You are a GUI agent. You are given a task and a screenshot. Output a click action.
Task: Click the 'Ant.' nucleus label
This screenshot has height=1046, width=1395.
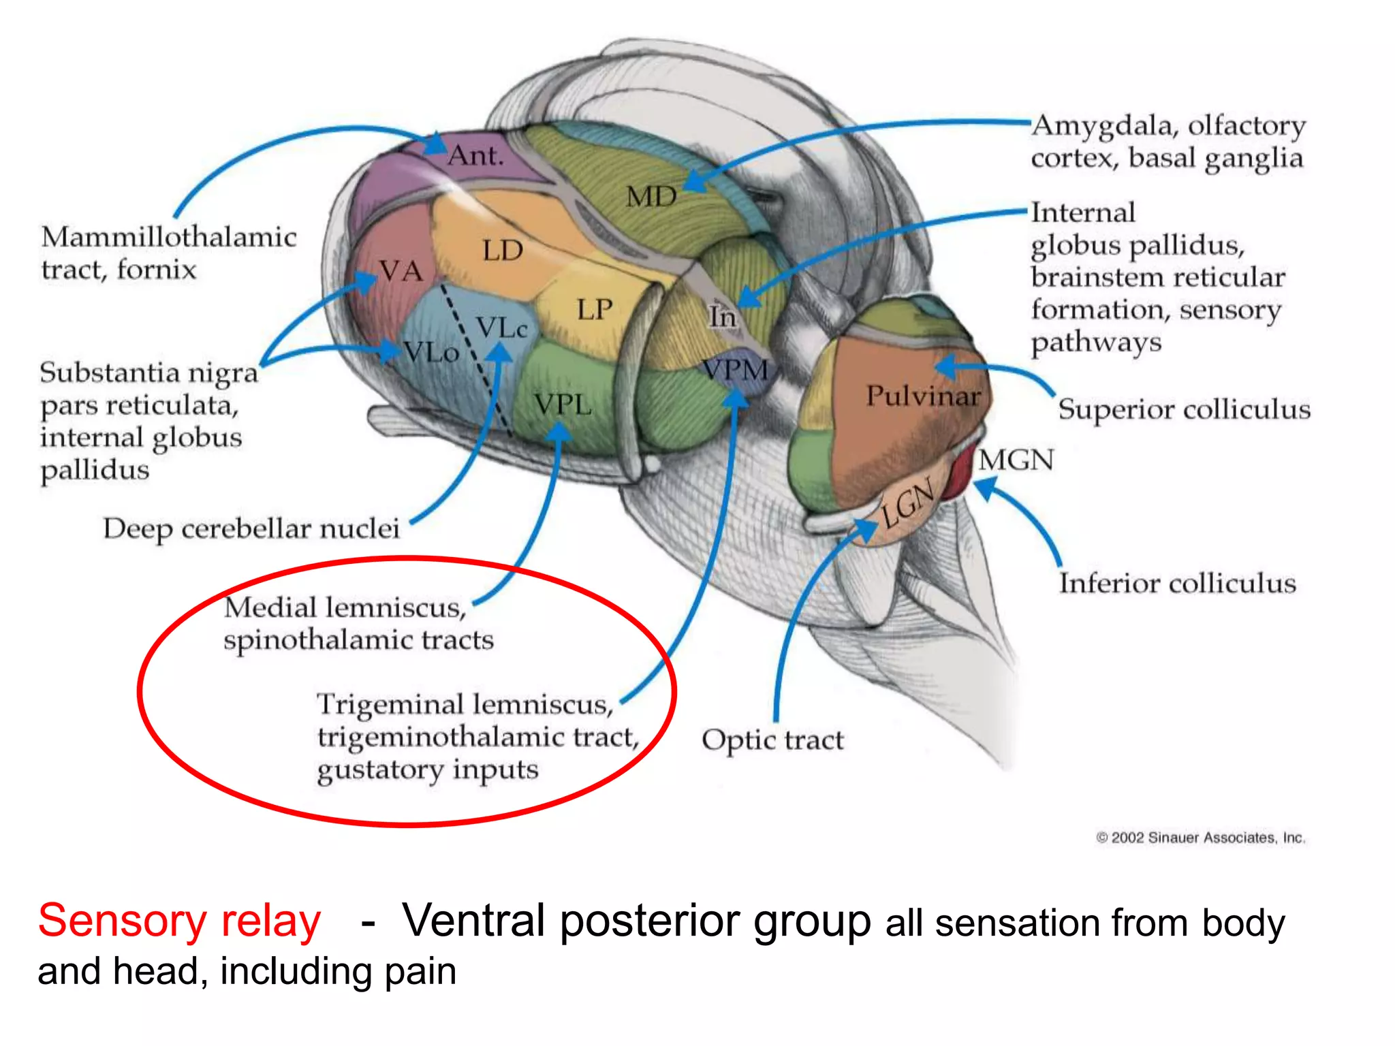(x=475, y=156)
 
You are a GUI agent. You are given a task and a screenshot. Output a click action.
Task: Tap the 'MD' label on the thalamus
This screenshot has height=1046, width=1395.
(x=651, y=197)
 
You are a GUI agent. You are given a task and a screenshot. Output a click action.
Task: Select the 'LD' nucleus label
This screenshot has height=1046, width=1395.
(x=503, y=251)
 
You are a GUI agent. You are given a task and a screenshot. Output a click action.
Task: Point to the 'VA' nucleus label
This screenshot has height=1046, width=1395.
(x=401, y=272)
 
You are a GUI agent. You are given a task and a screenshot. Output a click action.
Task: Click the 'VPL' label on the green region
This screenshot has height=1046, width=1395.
(x=563, y=405)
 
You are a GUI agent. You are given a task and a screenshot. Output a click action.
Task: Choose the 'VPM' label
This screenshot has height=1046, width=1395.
(x=736, y=370)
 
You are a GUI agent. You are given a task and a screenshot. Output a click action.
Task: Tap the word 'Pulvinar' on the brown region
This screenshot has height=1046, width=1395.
(x=923, y=396)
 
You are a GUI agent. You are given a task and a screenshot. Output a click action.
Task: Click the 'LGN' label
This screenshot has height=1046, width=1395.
(x=907, y=506)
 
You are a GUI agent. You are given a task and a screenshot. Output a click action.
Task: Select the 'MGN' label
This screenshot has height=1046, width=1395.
(x=1016, y=460)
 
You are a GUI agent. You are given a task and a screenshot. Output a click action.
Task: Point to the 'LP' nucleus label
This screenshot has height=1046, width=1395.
(x=595, y=310)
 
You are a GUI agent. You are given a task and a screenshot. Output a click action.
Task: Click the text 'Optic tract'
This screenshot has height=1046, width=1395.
(x=772, y=740)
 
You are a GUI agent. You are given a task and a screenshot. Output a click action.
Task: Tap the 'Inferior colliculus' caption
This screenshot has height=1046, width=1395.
(x=1177, y=584)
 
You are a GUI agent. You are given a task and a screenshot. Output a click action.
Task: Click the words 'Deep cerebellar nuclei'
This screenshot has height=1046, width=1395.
(x=251, y=529)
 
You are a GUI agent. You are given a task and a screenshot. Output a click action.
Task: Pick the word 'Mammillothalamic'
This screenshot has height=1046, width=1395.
(x=168, y=238)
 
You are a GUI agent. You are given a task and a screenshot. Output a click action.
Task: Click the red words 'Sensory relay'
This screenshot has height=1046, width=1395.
(x=179, y=921)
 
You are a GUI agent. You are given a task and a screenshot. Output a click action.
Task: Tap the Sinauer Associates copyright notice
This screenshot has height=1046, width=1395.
(x=1200, y=838)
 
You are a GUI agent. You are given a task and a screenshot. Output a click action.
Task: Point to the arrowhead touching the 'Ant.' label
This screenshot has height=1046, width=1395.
(x=436, y=145)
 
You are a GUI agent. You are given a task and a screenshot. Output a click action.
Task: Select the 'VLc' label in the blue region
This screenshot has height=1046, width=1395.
(x=501, y=328)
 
